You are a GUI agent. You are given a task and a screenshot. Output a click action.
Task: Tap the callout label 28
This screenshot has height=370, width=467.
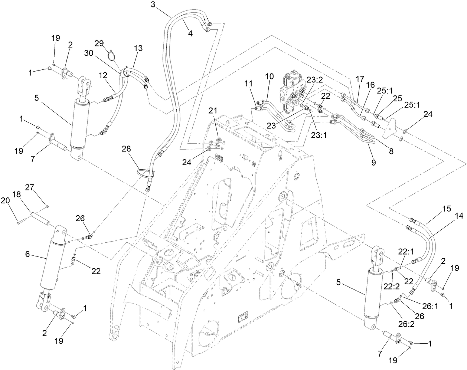(126, 149)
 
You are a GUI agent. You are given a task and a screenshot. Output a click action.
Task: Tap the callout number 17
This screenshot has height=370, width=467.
(360, 79)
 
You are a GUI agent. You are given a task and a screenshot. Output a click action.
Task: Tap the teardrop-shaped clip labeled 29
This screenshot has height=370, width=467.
(110, 55)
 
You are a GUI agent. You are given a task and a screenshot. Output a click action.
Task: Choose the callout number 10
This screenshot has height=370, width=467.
(270, 76)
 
